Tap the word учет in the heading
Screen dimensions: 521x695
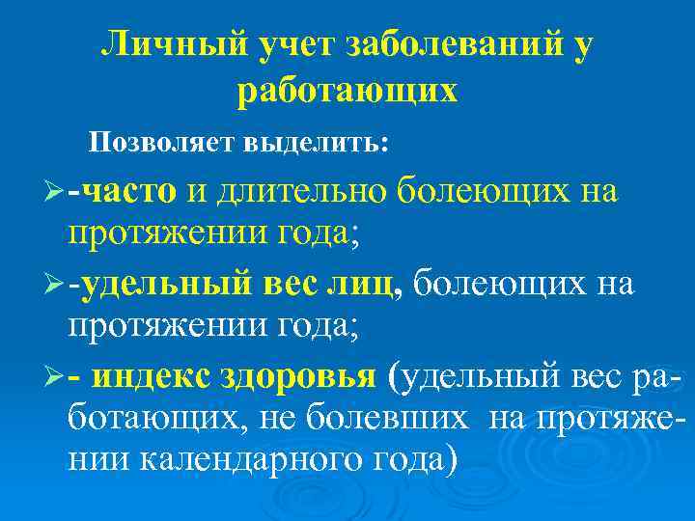pyautogui.click(x=296, y=44)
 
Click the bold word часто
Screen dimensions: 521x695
pyautogui.click(x=129, y=192)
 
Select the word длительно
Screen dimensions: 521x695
pyautogui.click(x=304, y=192)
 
